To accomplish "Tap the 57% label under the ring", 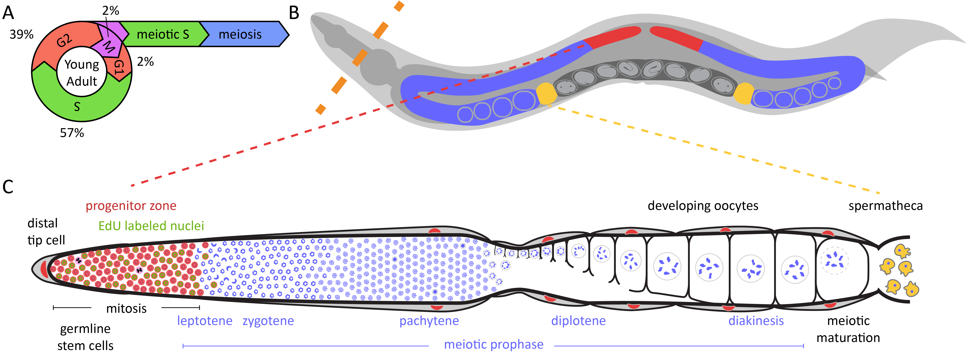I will coord(72,133).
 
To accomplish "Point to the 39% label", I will coord(21,35).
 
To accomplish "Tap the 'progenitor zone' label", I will coord(131,206).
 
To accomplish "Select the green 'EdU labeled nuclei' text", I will coord(151,226).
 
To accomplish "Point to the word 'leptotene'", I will coord(205,321).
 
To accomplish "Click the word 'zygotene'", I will coord(268,321).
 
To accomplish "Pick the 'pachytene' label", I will coord(429,321).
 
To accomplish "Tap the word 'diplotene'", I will coord(578,321).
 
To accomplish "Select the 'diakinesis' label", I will coord(756,321).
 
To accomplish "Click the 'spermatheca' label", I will coord(885,206).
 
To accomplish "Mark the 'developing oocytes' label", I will coord(703,206).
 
